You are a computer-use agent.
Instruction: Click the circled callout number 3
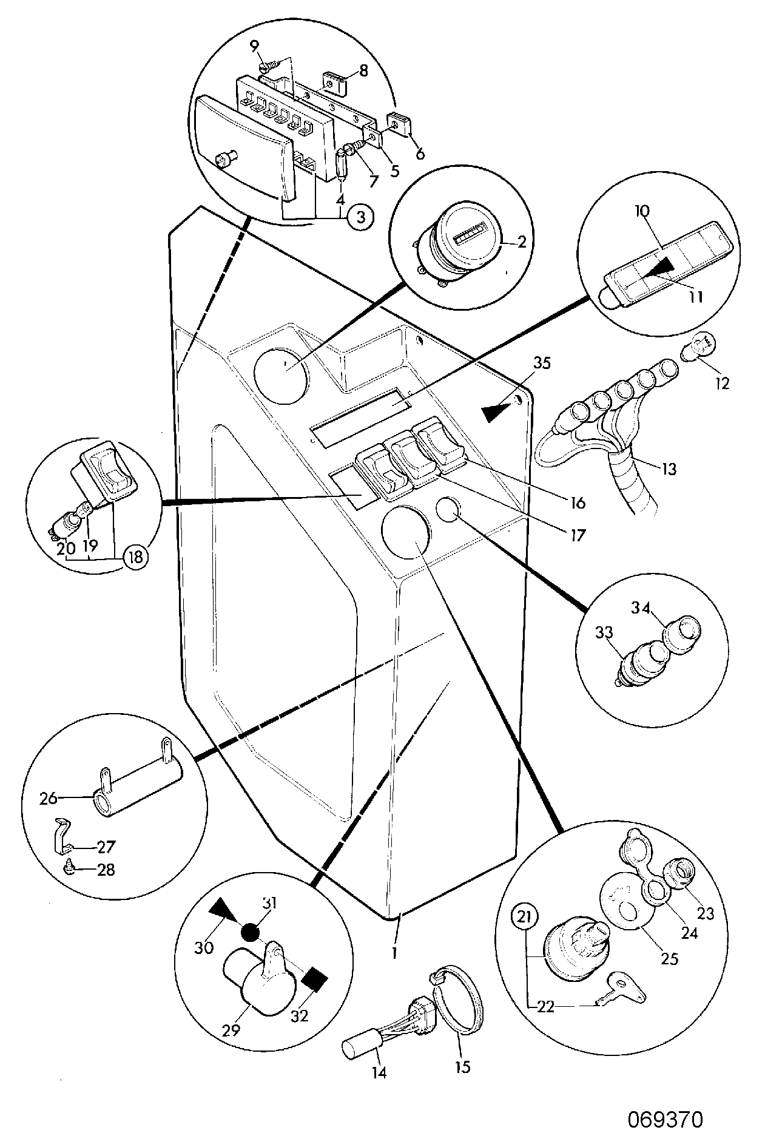click(360, 218)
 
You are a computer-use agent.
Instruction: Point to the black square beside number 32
click(315, 979)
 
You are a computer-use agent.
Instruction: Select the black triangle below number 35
click(497, 413)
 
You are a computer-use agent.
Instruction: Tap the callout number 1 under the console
click(394, 952)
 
